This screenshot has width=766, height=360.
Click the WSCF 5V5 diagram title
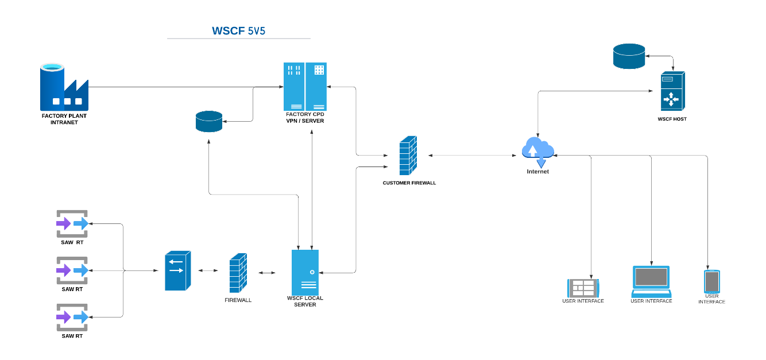click(239, 31)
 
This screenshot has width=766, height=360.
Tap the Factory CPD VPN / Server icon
click(305, 87)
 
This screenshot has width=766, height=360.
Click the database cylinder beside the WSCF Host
click(629, 56)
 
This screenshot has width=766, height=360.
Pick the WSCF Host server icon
click(671, 92)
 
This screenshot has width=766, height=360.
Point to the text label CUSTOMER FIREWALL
click(409, 183)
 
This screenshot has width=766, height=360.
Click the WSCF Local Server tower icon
click(305, 272)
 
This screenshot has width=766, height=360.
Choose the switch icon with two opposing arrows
click(177, 270)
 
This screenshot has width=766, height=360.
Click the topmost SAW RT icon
click(72, 223)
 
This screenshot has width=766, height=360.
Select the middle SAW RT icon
click(72, 270)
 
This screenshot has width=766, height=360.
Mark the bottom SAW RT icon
click(72, 317)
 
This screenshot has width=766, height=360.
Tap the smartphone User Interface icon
click(711, 281)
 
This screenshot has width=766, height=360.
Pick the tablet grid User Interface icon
click(583, 287)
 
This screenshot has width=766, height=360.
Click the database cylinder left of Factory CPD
click(209, 122)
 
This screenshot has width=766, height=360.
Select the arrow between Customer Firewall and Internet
click(471, 155)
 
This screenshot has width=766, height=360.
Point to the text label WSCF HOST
click(672, 119)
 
